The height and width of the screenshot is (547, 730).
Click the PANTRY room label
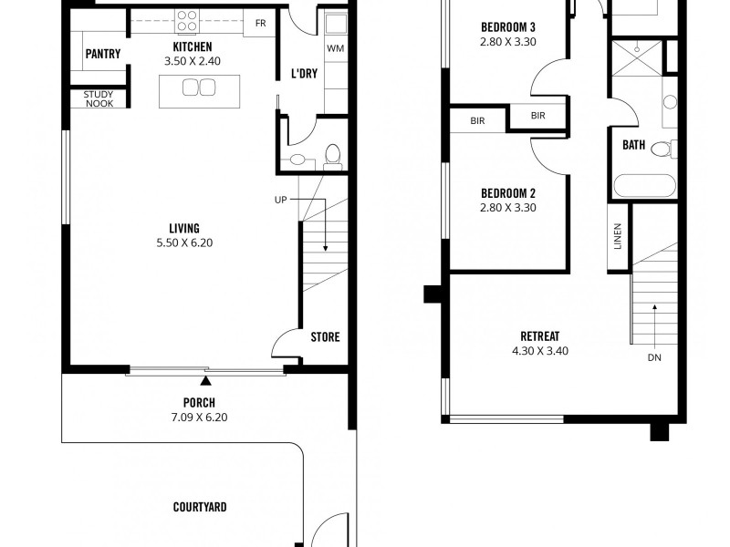[x=102, y=54]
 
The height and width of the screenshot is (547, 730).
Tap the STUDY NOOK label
[x=99, y=98]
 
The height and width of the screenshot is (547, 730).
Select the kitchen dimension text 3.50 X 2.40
[x=192, y=61]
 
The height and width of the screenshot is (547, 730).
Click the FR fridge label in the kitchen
[x=261, y=24]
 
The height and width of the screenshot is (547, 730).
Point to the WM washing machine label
[x=334, y=47]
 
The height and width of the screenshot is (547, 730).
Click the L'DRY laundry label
[x=304, y=74]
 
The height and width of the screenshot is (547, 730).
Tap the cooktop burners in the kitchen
[x=187, y=19]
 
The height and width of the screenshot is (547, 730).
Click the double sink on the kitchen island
[x=198, y=88]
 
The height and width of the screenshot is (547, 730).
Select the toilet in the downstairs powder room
[x=333, y=155]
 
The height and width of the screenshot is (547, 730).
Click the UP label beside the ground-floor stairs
[x=282, y=200]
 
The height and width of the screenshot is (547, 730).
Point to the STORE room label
[x=325, y=337]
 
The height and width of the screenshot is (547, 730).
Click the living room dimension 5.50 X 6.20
[x=183, y=243]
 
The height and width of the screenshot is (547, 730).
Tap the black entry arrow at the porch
[x=206, y=380]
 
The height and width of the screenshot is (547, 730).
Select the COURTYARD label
[x=200, y=507]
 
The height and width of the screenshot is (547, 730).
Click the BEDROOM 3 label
[x=508, y=27]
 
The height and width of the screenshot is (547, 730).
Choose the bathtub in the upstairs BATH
[x=644, y=187]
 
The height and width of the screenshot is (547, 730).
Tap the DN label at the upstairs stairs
[x=654, y=357]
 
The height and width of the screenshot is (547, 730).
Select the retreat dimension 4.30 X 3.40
[x=538, y=350]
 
